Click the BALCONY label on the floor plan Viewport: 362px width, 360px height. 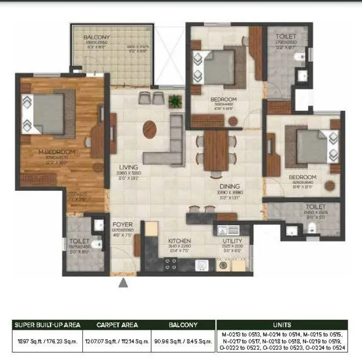coord(97,37)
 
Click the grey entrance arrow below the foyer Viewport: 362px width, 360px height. coord(123,283)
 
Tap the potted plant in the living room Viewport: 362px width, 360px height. coord(175,100)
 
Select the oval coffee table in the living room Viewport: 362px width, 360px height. coord(150,128)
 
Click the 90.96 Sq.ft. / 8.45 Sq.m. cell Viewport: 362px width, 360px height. coord(183,342)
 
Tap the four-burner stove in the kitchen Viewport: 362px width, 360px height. coord(170,263)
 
